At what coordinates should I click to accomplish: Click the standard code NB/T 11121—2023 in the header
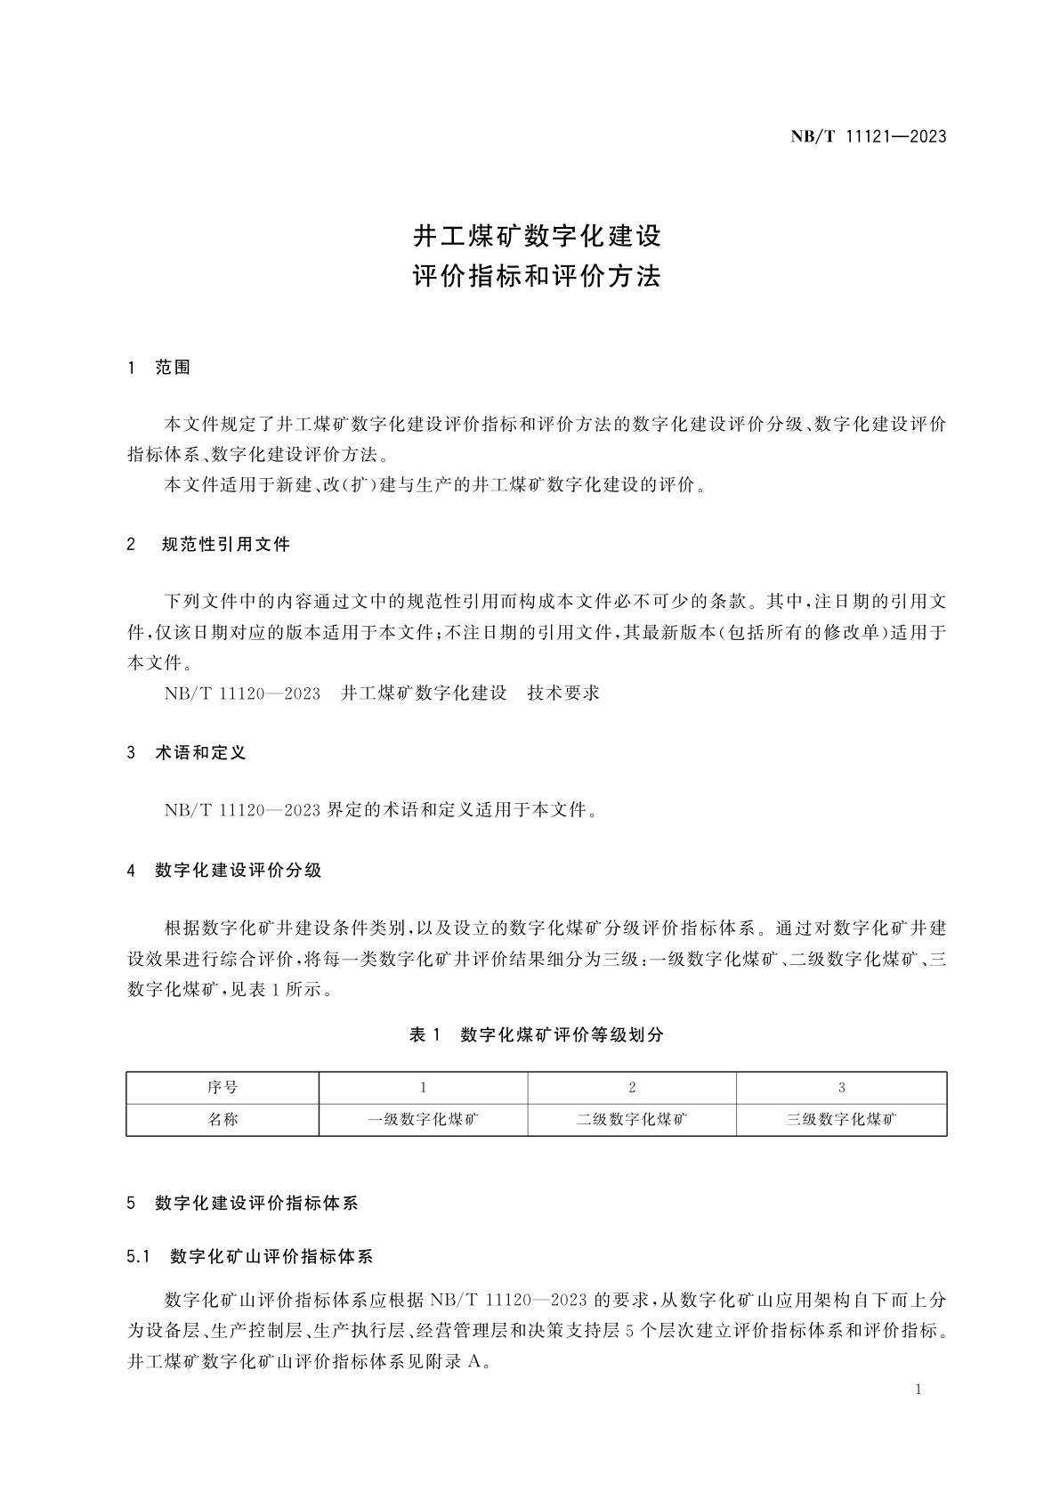coord(868,137)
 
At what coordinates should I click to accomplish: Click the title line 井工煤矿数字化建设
coord(537,237)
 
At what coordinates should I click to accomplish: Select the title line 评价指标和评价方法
coord(537,277)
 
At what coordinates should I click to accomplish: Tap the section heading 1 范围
coord(159,368)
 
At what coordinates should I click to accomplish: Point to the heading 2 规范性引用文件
coord(209,545)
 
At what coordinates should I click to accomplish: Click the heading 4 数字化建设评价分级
coord(224,871)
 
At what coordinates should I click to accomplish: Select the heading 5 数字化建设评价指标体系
coord(243,1204)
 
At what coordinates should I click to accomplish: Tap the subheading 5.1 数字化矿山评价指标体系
coord(250,1257)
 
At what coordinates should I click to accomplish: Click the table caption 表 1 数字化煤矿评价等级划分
coord(536,1034)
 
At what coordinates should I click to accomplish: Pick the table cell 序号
coord(223,1088)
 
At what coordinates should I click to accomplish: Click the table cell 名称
coord(223,1120)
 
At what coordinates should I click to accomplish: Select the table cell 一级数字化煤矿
coord(424,1120)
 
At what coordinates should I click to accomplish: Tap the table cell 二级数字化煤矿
coord(632,1120)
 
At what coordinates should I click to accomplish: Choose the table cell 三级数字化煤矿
coord(841,1120)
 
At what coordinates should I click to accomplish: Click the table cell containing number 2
coord(632,1088)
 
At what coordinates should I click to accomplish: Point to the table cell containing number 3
coord(841,1088)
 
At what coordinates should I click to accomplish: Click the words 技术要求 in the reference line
coord(563,693)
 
